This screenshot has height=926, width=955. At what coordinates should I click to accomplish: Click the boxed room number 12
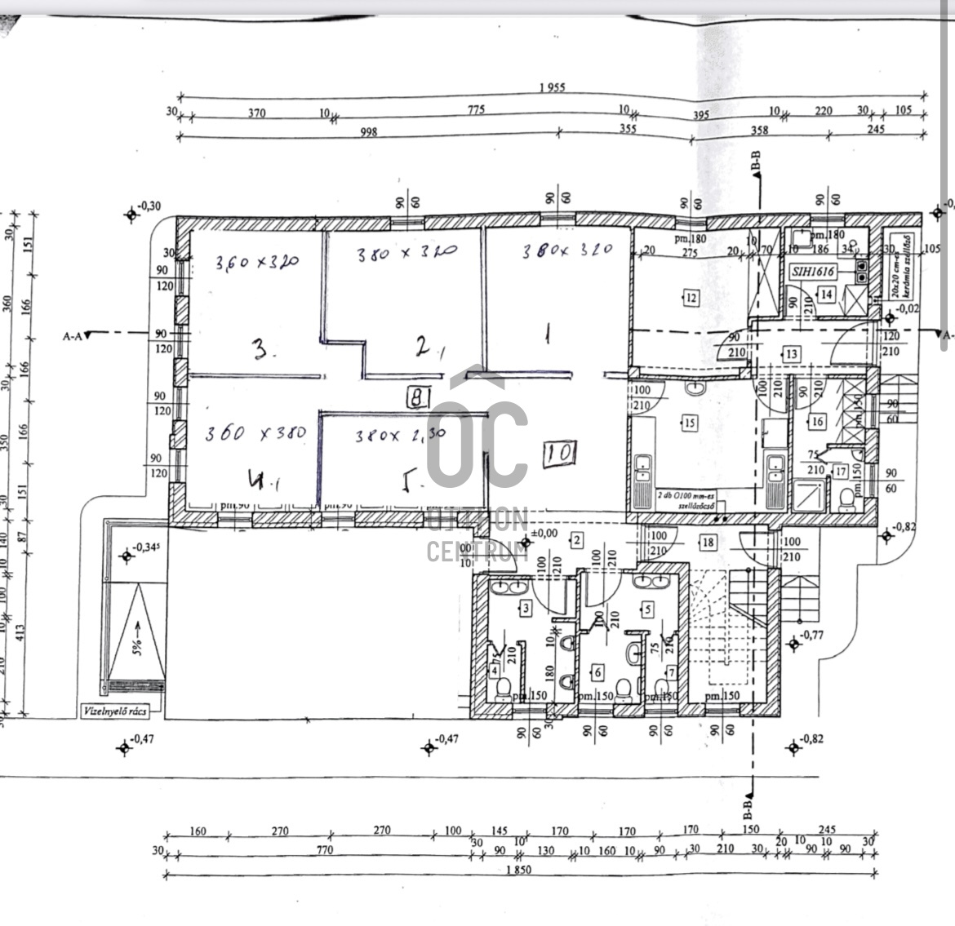[x=691, y=298]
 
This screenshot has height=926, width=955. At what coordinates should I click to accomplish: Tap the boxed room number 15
[x=690, y=423]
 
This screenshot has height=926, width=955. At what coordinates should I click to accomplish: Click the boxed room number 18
[x=708, y=543]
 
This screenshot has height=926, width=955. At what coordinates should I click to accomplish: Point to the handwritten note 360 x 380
[x=255, y=432]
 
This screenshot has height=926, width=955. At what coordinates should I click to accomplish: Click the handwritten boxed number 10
[x=561, y=451]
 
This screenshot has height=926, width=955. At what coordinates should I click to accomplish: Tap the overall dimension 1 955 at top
[x=552, y=86]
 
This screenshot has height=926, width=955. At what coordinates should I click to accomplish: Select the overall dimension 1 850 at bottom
[x=518, y=870]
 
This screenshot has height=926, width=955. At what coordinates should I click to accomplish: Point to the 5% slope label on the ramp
[x=138, y=636]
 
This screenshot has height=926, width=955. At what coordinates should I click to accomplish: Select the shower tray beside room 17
[x=810, y=494]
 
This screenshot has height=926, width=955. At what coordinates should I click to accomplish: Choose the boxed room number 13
[x=791, y=354]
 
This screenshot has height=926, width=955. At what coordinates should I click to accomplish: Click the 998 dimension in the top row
[x=369, y=131]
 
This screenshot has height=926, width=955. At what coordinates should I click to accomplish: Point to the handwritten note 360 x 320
[x=257, y=263]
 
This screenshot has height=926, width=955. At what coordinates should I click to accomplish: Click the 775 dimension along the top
[x=477, y=110]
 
